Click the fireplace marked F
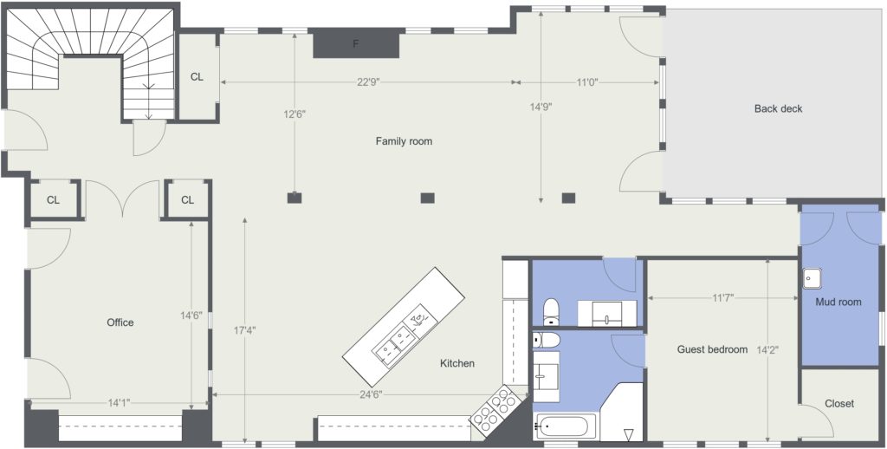click(356, 43)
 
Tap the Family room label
click(404, 141)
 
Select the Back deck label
click(778, 108)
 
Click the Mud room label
click(838, 302)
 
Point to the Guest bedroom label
click(712, 349)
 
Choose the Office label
click(120, 322)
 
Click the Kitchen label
click(457, 363)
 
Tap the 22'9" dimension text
click(368, 82)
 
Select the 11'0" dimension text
click(587, 82)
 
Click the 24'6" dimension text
click(371, 394)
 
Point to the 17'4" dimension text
click(245, 329)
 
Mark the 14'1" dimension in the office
click(119, 403)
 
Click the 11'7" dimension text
click(723, 297)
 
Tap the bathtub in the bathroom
click(565, 426)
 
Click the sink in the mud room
click(812, 278)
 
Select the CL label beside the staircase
click(197, 77)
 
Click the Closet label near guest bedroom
click(839, 404)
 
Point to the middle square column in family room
click(427, 198)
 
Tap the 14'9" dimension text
click(541, 106)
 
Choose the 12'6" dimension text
click(295, 114)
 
